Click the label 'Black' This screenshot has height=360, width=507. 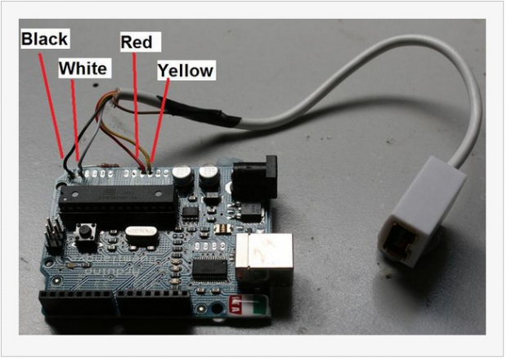point(44,38)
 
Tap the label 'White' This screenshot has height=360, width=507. point(83,69)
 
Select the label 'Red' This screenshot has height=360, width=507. point(136,42)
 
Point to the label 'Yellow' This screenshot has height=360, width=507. point(186,71)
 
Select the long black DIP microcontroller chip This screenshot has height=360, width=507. point(118,197)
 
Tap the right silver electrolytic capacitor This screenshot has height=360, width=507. point(209,175)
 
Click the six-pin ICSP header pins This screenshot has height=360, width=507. point(53,235)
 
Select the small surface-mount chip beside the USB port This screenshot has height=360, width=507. point(209,268)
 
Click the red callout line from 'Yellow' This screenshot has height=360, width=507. point(160,123)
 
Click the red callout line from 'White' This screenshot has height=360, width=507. point(75,119)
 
